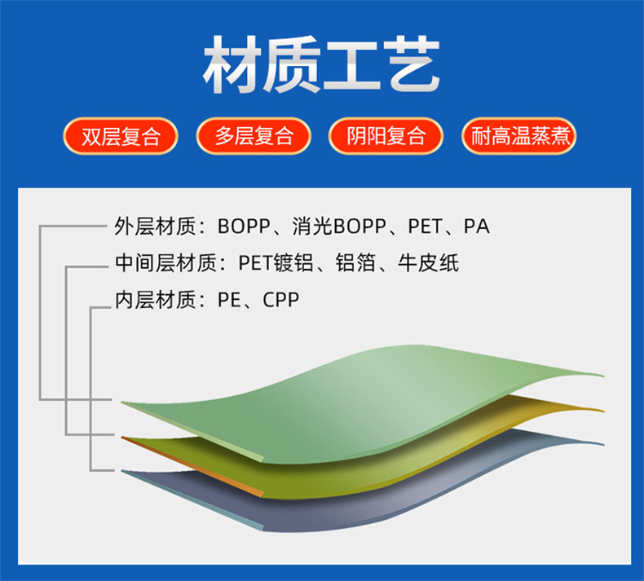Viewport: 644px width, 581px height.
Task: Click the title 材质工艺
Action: coord(321,64)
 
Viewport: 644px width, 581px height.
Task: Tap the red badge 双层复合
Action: coord(121,136)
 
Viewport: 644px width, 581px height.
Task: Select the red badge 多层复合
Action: coord(254,136)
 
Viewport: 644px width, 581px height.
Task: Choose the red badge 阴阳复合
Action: coord(386,136)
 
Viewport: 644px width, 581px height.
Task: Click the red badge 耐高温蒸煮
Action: coord(519,136)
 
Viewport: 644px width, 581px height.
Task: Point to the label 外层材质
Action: coord(155,227)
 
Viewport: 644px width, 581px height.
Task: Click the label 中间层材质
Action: coord(165,262)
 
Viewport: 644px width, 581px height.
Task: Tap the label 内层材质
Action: coord(155,300)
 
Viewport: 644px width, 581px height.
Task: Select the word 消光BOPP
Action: coord(339,227)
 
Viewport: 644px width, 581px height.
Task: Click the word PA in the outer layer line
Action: coord(476,227)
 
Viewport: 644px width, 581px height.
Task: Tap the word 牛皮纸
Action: coord(428,262)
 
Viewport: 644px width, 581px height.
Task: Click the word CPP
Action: coord(281,300)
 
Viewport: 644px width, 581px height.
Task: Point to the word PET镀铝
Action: coord(276,262)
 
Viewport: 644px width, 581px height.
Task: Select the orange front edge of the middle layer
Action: coord(192,467)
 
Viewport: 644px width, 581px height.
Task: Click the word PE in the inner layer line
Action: coord(229,300)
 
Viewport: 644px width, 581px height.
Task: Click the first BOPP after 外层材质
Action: coord(244,227)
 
